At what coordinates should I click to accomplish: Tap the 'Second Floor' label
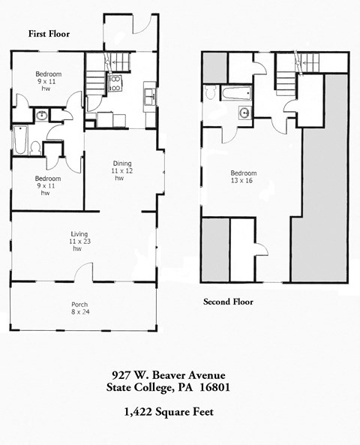(x=228, y=302)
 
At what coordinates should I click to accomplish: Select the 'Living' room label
(x=76, y=233)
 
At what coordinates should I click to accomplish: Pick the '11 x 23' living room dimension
(x=76, y=241)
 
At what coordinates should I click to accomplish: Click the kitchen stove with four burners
(x=116, y=84)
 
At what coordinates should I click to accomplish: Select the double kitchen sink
(x=150, y=95)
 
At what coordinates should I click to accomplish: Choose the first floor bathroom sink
(x=42, y=116)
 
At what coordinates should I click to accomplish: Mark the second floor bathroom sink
(x=244, y=113)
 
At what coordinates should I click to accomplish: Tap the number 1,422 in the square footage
(x=139, y=412)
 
